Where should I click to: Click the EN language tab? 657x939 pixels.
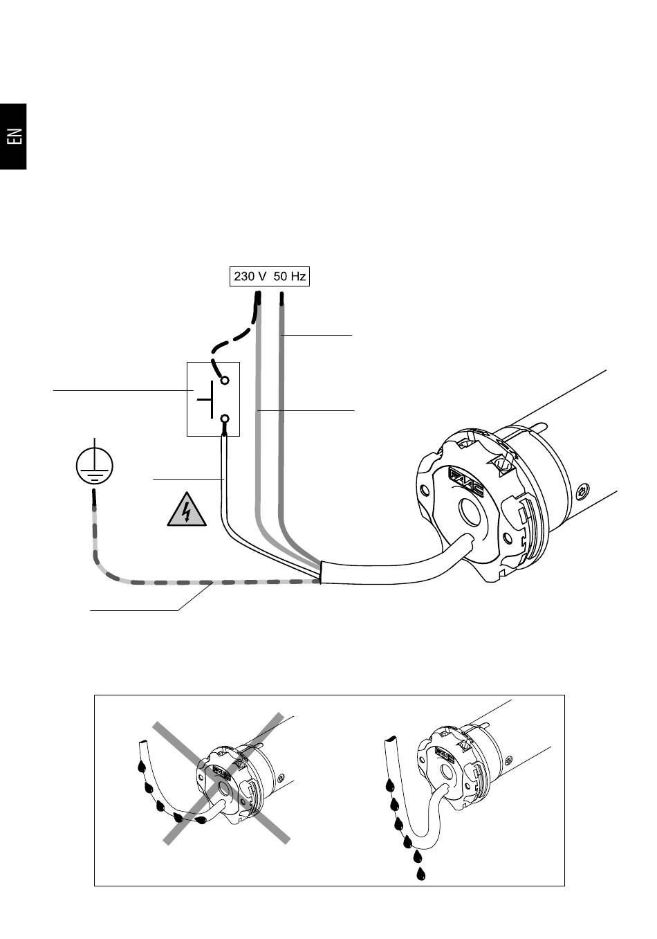tap(13, 136)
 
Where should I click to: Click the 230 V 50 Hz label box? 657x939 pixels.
tap(270, 277)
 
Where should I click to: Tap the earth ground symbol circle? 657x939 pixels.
tap(95, 466)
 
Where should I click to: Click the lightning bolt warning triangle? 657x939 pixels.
tap(187, 510)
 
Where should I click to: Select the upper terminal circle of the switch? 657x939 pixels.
tap(225, 381)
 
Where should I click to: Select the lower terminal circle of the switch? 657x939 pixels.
tap(225, 419)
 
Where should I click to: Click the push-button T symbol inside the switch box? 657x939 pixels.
tap(207, 399)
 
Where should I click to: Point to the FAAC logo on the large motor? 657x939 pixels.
tap(466, 482)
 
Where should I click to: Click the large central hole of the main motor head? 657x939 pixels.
tap(472, 512)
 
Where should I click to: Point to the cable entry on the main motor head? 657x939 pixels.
tap(468, 540)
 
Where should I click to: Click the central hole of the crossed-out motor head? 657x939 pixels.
tap(222, 790)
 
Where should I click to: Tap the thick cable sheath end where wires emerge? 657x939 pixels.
tap(321, 573)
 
